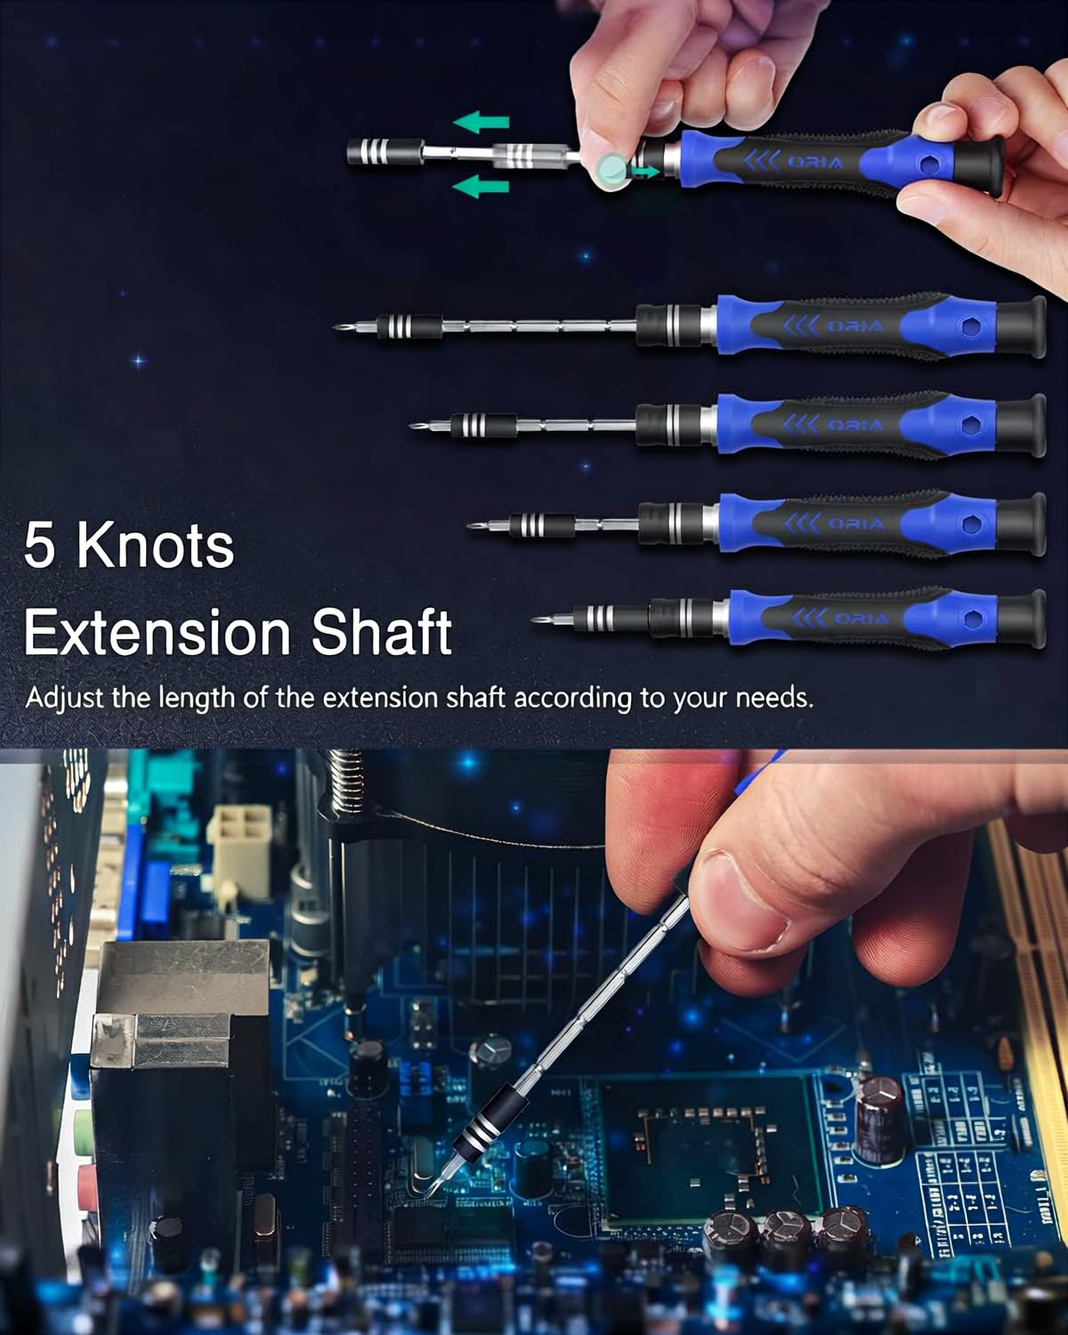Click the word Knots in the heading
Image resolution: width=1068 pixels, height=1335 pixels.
pyautogui.click(x=155, y=546)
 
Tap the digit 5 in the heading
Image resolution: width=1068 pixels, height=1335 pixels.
pyautogui.click(x=40, y=546)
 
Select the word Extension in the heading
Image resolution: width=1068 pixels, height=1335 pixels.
pyautogui.click(x=157, y=633)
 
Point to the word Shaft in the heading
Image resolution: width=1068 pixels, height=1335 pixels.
pyautogui.click(x=382, y=633)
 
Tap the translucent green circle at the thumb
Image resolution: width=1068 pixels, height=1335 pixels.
pyautogui.click(x=612, y=166)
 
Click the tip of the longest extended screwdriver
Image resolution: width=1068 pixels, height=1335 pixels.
pyautogui.click(x=339, y=326)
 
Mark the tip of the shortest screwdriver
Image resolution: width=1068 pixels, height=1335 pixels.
pyautogui.click(x=535, y=619)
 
